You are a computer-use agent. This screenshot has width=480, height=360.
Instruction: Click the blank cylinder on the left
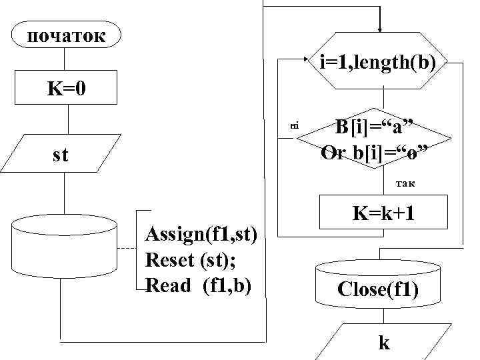(64, 246)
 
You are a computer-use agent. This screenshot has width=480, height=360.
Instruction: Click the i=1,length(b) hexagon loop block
(379, 63)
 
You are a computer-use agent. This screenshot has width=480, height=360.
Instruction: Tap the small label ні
(294, 125)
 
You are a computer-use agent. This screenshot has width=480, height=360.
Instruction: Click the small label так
(405, 182)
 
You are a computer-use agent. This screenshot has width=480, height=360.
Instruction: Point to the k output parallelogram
(383, 343)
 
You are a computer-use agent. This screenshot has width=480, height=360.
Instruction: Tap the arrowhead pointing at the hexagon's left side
(309, 59)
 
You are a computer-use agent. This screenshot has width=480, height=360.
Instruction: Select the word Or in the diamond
(333, 153)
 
